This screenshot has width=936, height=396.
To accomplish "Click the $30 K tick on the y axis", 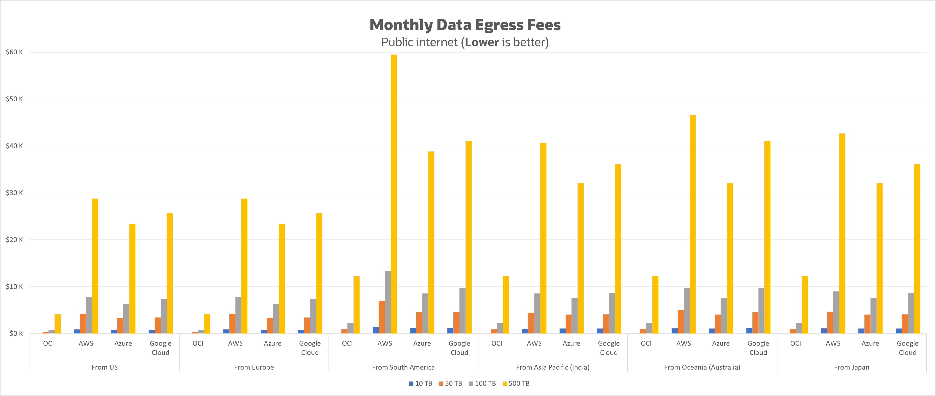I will [14, 193].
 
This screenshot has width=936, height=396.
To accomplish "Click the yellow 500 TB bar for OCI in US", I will [57, 324].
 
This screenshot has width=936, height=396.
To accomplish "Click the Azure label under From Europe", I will [273, 343].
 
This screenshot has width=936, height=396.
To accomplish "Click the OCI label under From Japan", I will [795, 343].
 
